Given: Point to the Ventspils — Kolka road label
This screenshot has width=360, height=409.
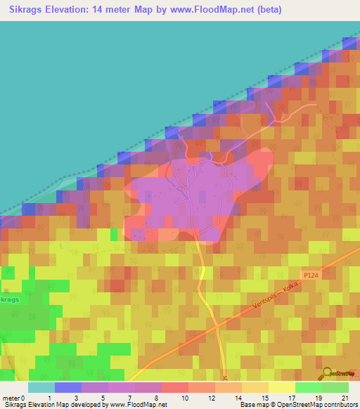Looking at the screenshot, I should (x=277, y=295).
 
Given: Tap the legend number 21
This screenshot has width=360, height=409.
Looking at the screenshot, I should (x=345, y=398).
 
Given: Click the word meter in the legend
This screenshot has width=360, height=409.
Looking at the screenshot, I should (x=11, y=398).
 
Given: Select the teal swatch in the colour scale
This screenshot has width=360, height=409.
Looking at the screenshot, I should (x=41, y=387).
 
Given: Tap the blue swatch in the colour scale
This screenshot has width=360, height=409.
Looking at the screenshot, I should (x=68, y=387).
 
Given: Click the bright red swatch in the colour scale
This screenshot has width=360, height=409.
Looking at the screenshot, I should (x=174, y=387).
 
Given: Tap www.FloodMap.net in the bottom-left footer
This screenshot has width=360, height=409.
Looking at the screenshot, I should (x=140, y=405).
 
